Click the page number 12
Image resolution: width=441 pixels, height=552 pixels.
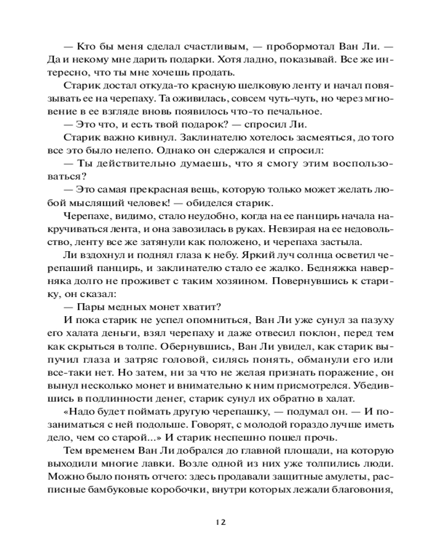click(x=220, y=522)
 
